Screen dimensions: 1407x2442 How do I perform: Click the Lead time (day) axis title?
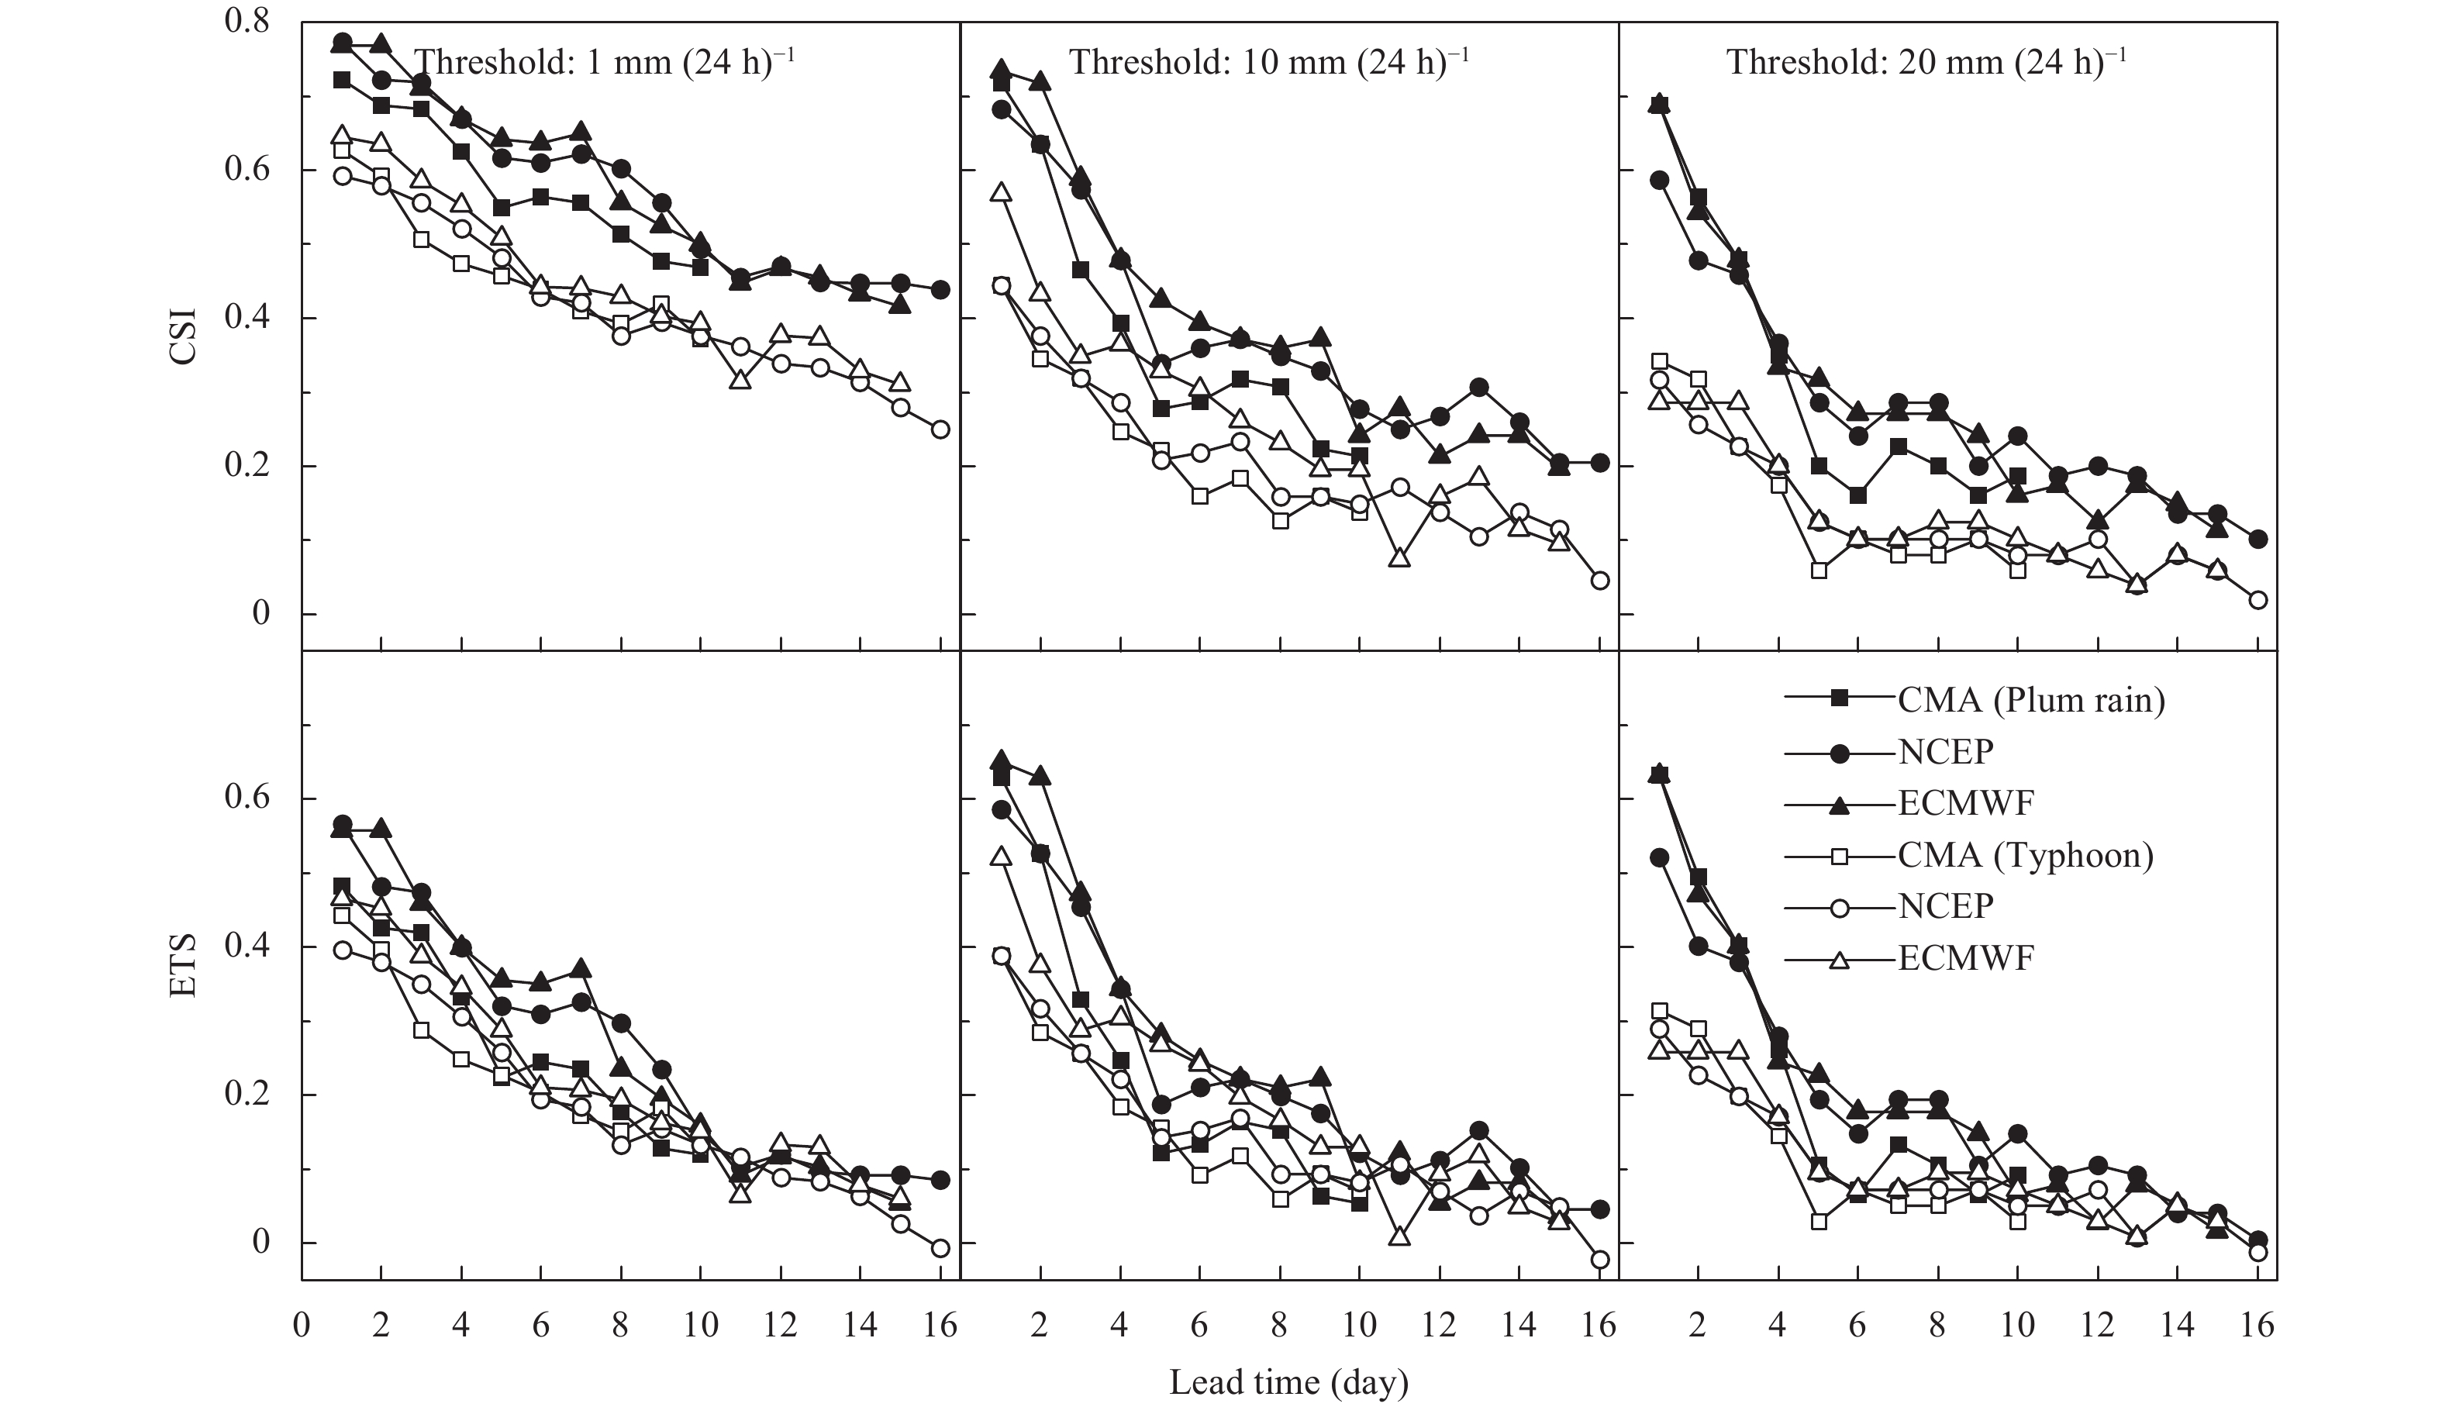tap(1288, 1382)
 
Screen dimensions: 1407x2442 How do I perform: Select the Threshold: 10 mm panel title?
tap(1268, 62)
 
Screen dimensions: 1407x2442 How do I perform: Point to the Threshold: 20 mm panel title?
tap(1926, 62)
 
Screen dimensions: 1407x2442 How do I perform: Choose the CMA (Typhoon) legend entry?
tap(2024, 854)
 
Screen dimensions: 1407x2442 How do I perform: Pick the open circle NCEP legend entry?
tap(1944, 906)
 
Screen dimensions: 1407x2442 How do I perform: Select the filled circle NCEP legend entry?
tap(1944, 751)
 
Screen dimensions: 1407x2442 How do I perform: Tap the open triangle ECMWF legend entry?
tap(1965, 959)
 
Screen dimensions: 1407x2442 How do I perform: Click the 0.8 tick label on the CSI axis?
tap(247, 21)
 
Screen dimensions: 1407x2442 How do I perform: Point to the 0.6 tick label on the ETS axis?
tap(247, 798)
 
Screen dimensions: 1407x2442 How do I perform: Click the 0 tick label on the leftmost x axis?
tap(302, 1325)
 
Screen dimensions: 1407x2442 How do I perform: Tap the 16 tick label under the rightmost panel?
tap(2257, 1325)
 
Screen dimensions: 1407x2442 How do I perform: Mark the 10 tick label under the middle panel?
tap(1359, 1325)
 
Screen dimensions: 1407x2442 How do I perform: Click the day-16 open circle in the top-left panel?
tap(940, 429)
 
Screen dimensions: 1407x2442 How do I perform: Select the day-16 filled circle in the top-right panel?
tap(2257, 540)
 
